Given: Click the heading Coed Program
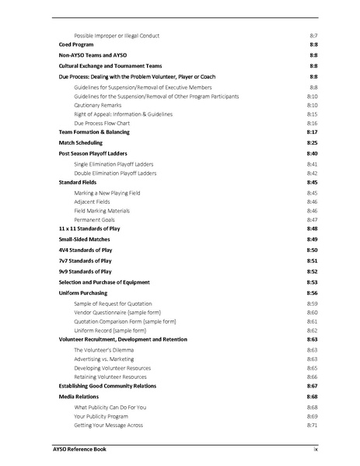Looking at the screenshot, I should pos(76,46).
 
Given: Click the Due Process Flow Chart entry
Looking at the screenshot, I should pos(102,124).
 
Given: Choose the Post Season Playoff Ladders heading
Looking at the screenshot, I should pos(93,153).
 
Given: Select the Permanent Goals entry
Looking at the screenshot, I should pos(96,220).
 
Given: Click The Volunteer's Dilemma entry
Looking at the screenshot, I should pos(104,350).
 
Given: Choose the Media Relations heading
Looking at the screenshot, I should pos(79,397).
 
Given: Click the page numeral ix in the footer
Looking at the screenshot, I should pos(315,449).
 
